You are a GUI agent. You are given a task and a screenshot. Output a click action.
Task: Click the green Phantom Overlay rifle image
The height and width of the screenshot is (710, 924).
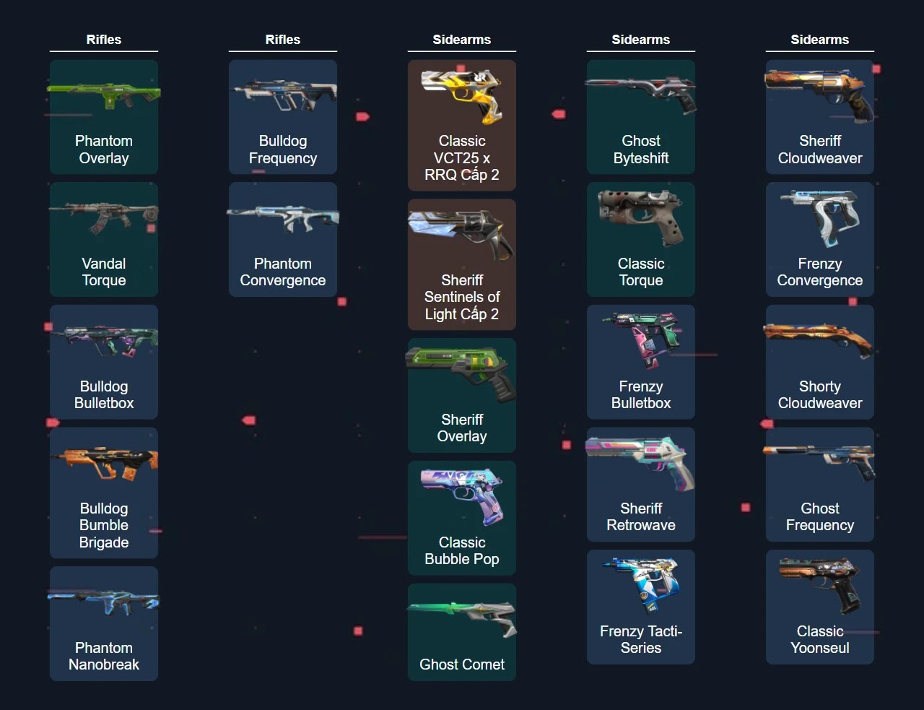tap(104, 95)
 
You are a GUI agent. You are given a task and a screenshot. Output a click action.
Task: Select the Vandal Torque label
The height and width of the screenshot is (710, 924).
tap(104, 272)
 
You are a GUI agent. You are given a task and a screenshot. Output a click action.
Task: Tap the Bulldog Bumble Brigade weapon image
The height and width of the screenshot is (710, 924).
tap(104, 463)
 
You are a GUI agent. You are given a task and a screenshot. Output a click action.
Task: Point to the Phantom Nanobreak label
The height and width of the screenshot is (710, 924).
tap(104, 656)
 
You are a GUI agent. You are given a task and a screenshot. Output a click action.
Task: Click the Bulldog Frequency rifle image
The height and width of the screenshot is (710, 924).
tap(283, 95)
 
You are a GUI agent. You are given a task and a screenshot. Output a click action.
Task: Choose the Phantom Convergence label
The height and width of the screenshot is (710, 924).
tap(283, 272)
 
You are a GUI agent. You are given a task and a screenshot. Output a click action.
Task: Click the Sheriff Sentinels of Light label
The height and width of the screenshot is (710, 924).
tap(462, 297)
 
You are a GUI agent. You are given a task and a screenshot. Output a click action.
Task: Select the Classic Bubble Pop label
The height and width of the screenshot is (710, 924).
tap(462, 550)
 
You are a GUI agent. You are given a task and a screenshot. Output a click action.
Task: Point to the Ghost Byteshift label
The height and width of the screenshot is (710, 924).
tap(641, 150)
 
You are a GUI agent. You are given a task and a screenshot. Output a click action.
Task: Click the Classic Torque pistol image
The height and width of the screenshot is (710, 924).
tap(641, 217)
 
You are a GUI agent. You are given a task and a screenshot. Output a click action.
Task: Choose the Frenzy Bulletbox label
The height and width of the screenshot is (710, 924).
tap(641, 394)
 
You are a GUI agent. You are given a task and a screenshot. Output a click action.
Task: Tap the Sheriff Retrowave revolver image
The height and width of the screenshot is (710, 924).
tap(641, 462)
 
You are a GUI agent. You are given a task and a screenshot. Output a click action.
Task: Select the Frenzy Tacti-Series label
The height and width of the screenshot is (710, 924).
tap(641, 639)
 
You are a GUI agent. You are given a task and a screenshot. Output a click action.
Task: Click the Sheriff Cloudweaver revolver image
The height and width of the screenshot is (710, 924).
tap(820, 95)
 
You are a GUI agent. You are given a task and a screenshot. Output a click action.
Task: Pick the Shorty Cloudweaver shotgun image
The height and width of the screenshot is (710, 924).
tap(820, 339)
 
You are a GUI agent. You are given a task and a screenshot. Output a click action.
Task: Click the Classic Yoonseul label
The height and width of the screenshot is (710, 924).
tap(820, 639)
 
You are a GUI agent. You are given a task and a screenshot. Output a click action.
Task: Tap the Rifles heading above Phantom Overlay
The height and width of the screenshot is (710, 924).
tap(104, 40)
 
